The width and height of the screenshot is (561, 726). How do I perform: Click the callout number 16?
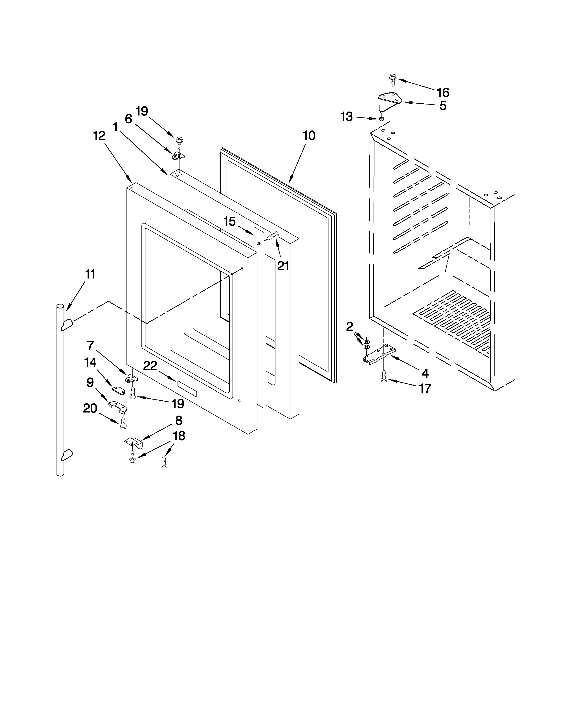[443, 92]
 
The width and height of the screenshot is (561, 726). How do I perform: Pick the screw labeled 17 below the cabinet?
[384, 377]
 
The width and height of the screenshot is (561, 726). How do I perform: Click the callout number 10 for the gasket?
[309, 135]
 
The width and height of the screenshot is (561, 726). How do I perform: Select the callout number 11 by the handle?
[90, 274]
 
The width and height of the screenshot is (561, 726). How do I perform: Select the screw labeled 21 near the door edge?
[272, 236]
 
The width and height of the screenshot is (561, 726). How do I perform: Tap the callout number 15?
[229, 221]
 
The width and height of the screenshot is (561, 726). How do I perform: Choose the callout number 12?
[99, 135]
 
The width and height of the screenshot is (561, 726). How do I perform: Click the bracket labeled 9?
[116, 406]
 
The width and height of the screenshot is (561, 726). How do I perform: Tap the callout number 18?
[179, 436]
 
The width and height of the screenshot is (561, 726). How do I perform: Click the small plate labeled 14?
[118, 390]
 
